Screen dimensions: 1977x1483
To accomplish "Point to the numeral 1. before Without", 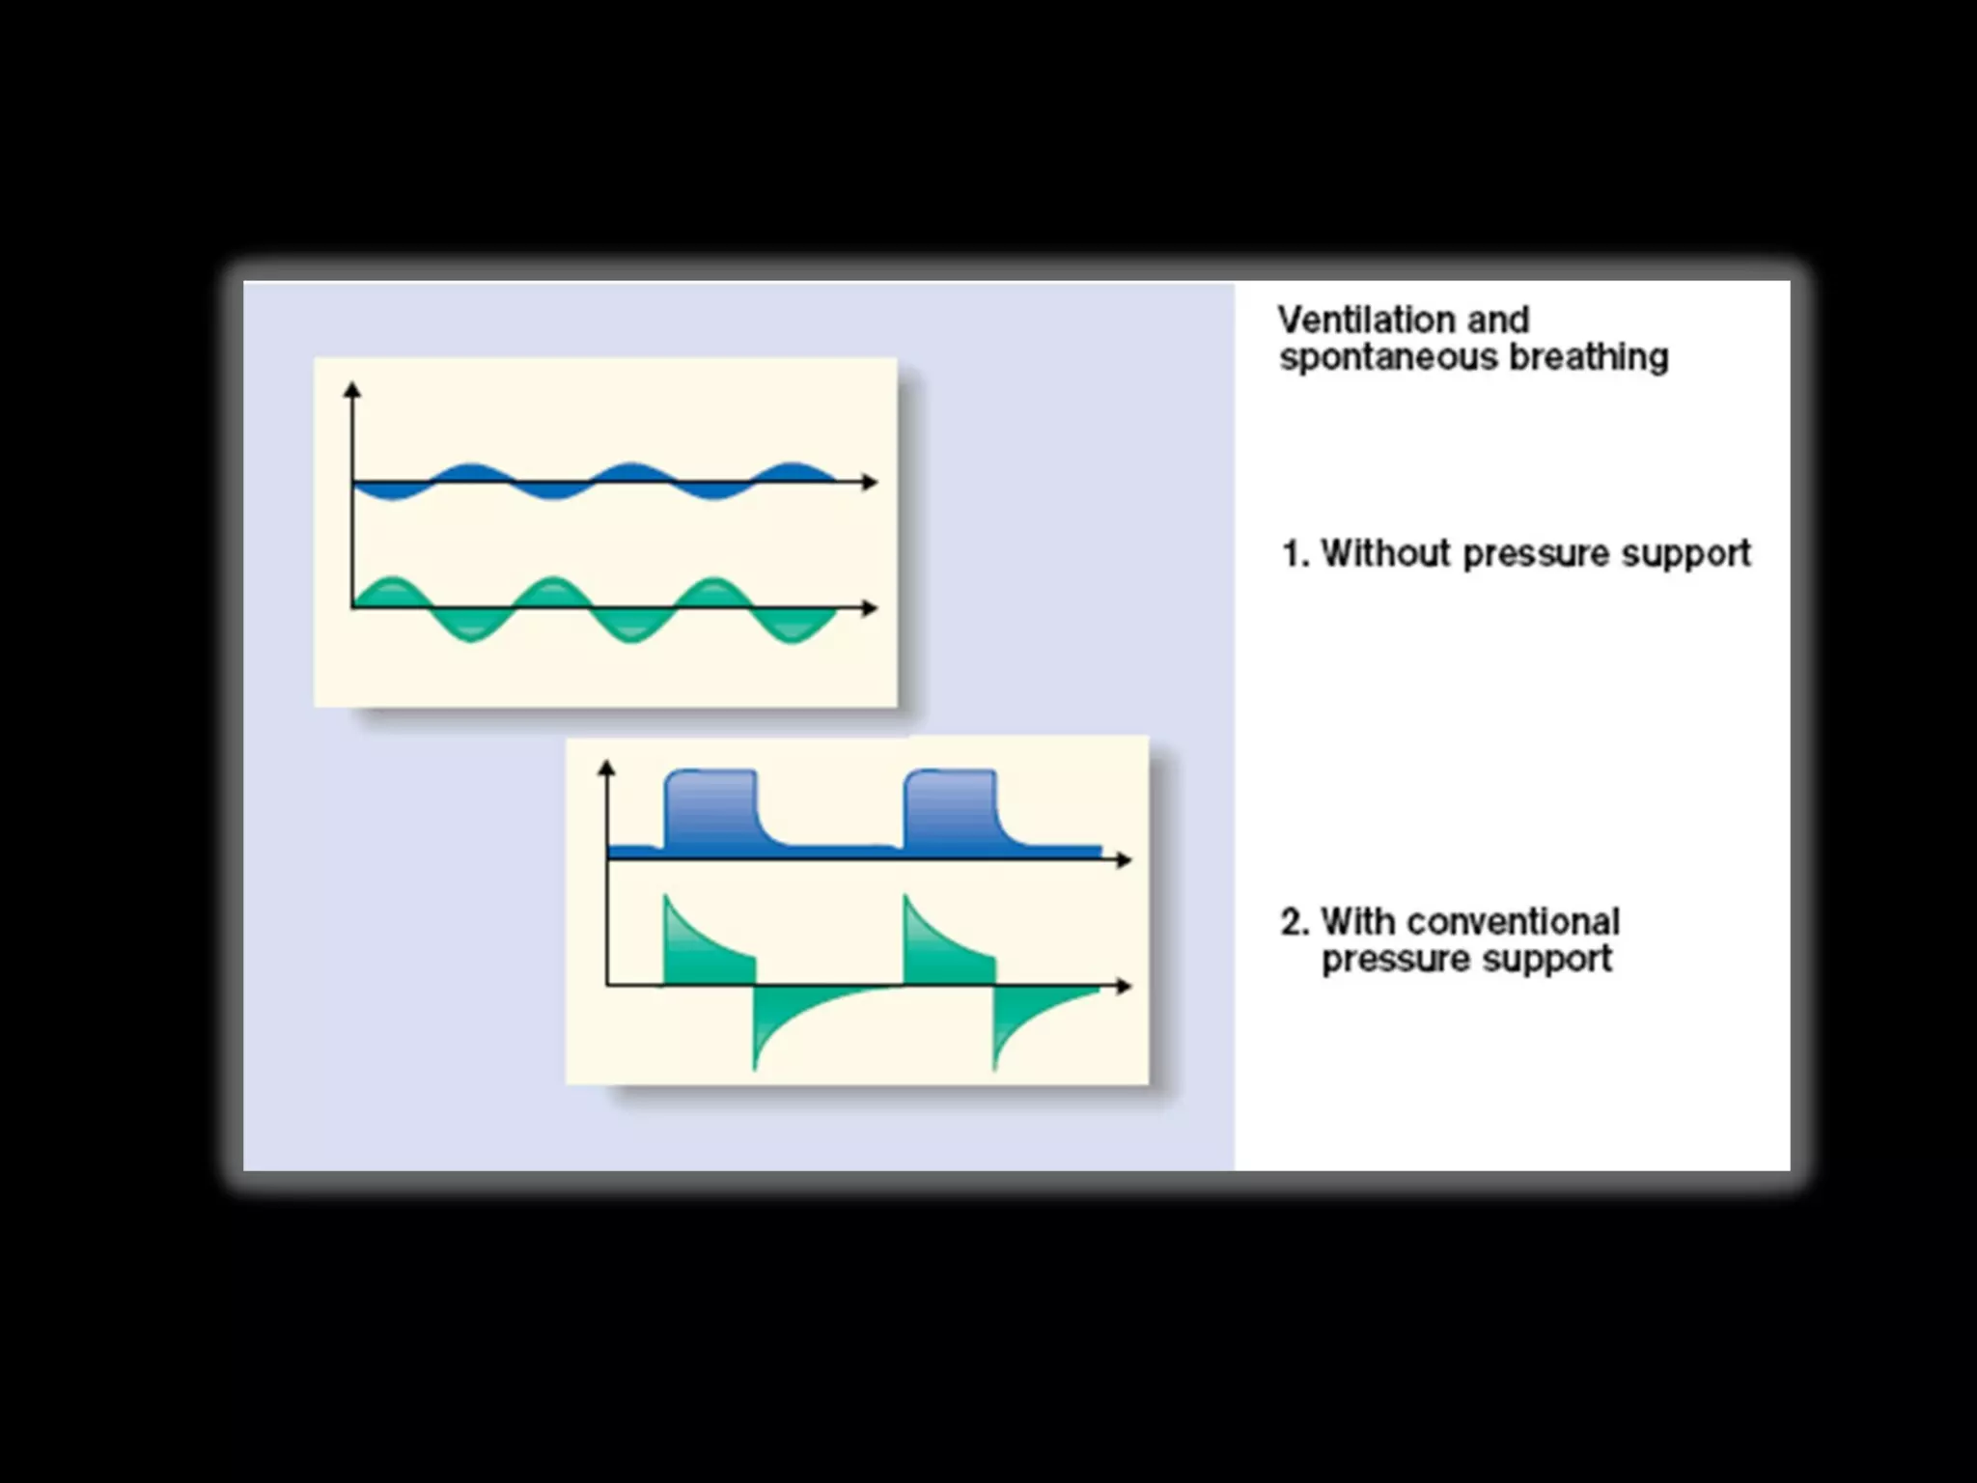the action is click(x=1295, y=554).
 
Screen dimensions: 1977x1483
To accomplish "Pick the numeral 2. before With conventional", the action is click(x=1295, y=922).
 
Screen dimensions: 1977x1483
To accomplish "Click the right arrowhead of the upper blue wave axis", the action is click(x=871, y=482).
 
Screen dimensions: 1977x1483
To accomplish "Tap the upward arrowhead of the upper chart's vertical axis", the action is click(x=352, y=389).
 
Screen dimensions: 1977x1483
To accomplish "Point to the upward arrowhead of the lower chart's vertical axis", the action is click(x=606, y=768).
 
